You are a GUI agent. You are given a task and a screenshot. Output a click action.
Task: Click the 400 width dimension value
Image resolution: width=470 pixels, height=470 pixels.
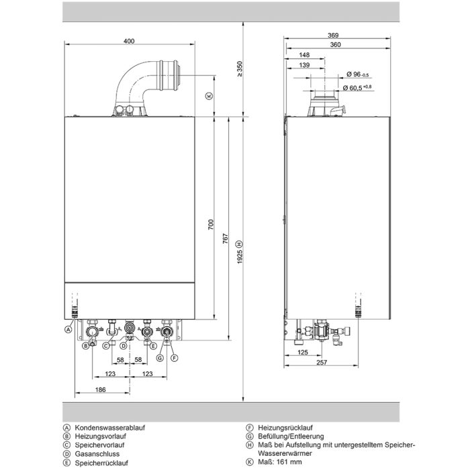coord(129,41)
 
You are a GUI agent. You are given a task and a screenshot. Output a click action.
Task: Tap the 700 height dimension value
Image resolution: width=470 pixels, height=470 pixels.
coord(211,224)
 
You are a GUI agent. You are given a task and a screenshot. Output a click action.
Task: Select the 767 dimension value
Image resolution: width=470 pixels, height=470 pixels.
coord(226,238)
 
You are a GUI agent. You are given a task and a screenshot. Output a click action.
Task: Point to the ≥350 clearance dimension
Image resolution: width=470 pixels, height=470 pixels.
coord(240,68)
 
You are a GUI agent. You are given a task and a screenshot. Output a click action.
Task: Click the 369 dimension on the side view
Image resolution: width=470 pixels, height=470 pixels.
coord(333,35)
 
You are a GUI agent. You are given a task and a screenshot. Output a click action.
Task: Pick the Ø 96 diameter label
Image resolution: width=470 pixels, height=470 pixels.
coord(358,74)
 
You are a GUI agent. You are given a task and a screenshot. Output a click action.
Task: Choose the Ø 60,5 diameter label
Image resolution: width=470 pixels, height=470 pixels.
coord(357,87)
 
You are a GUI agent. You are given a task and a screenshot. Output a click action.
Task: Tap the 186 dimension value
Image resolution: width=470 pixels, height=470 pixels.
coord(101,389)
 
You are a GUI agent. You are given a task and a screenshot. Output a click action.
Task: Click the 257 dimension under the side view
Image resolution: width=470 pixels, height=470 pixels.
coord(322,363)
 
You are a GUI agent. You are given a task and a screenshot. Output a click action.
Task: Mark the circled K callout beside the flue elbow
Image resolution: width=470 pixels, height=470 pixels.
coord(209,96)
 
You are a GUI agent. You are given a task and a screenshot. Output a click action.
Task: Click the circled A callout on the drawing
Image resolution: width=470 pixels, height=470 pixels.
coord(68,330)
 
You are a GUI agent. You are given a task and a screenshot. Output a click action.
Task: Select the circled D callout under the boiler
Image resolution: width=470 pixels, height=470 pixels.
coord(124,346)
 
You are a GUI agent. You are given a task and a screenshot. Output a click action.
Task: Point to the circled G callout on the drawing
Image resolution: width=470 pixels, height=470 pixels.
coord(160,358)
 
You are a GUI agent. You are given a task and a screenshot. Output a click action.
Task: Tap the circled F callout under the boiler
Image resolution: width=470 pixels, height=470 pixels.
coord(175,358)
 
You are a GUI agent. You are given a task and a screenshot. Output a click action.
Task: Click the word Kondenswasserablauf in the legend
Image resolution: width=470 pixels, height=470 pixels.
coord(109,428)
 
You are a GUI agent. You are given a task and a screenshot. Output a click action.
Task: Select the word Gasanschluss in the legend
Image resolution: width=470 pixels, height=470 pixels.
coord(97,454)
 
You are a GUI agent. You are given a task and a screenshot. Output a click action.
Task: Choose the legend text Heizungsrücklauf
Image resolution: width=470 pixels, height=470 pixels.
coord(285,428)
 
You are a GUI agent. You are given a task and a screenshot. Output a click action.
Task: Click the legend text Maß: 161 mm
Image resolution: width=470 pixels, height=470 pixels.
coord(280,462)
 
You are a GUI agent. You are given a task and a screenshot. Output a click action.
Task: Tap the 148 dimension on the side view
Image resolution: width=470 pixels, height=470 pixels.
coord(304,55)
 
